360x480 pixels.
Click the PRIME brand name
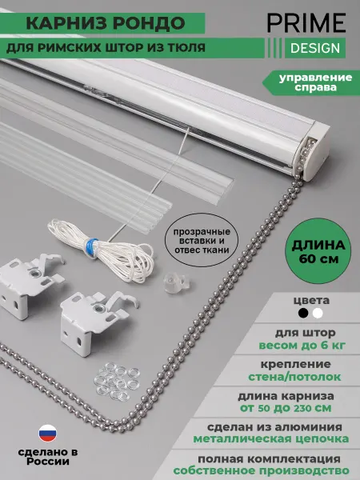click(306, 22)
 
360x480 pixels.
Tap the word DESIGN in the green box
click(315, 48)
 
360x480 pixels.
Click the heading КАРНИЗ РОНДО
click(106, 23)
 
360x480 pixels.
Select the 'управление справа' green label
click(311, 82)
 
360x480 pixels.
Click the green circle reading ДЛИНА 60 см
click(318, 251)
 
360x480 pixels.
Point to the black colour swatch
click(303, 313)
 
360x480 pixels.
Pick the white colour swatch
click(318, 313)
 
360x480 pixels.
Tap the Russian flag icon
click(47, 433)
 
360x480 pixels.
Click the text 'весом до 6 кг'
click(302, 346)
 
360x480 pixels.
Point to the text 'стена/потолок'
click(294, 377)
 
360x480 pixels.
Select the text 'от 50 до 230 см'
click(286, 408)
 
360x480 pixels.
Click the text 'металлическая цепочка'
click(271, 438)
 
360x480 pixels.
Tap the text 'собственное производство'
click(261, 470)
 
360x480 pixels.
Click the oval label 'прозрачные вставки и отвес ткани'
click(202, 240)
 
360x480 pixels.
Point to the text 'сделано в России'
click(48, 457)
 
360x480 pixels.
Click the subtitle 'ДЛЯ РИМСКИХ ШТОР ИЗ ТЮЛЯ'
click(106, 48)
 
